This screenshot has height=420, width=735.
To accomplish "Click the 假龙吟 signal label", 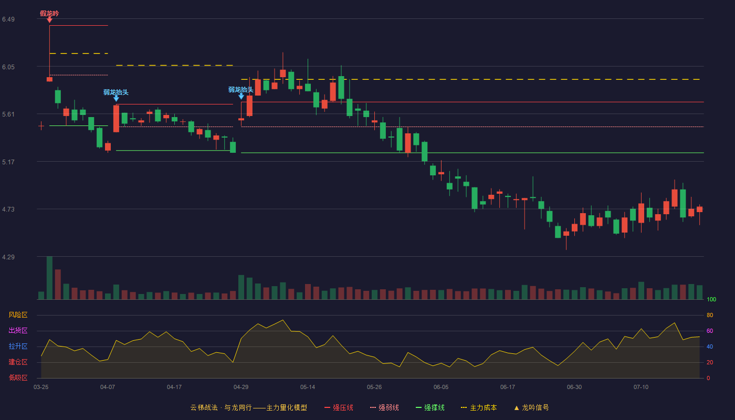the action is (49, 14).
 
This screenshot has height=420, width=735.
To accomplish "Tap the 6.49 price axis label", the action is (8, 19).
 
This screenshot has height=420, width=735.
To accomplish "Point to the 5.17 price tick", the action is (8, 162).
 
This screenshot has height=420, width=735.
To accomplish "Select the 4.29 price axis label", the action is (8, 257).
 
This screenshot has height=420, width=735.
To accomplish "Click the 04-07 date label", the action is (108, 387).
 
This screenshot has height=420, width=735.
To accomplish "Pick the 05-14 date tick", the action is (308, 387).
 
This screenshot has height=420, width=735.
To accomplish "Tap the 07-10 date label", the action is (641, 387).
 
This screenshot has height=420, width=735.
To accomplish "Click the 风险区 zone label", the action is (18, 315).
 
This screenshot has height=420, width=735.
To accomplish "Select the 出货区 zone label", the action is (18, 330).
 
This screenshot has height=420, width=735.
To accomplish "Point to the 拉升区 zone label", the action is (18, 346).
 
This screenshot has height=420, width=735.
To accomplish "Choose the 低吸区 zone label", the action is (18, 377).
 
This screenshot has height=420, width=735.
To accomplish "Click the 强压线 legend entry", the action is (339, 407).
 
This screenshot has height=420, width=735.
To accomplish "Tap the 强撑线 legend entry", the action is (430, 407).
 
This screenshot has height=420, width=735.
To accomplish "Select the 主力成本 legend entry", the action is (479, 407).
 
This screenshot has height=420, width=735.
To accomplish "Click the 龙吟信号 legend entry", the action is (531, 407).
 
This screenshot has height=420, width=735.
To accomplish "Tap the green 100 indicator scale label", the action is (711, 299).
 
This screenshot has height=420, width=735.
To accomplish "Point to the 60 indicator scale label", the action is (710, 331).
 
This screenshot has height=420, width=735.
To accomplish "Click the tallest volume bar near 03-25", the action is (49, 278).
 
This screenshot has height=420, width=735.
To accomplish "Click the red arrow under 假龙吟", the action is (49, 20).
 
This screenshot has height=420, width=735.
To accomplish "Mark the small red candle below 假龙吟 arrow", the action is (49, 79).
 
